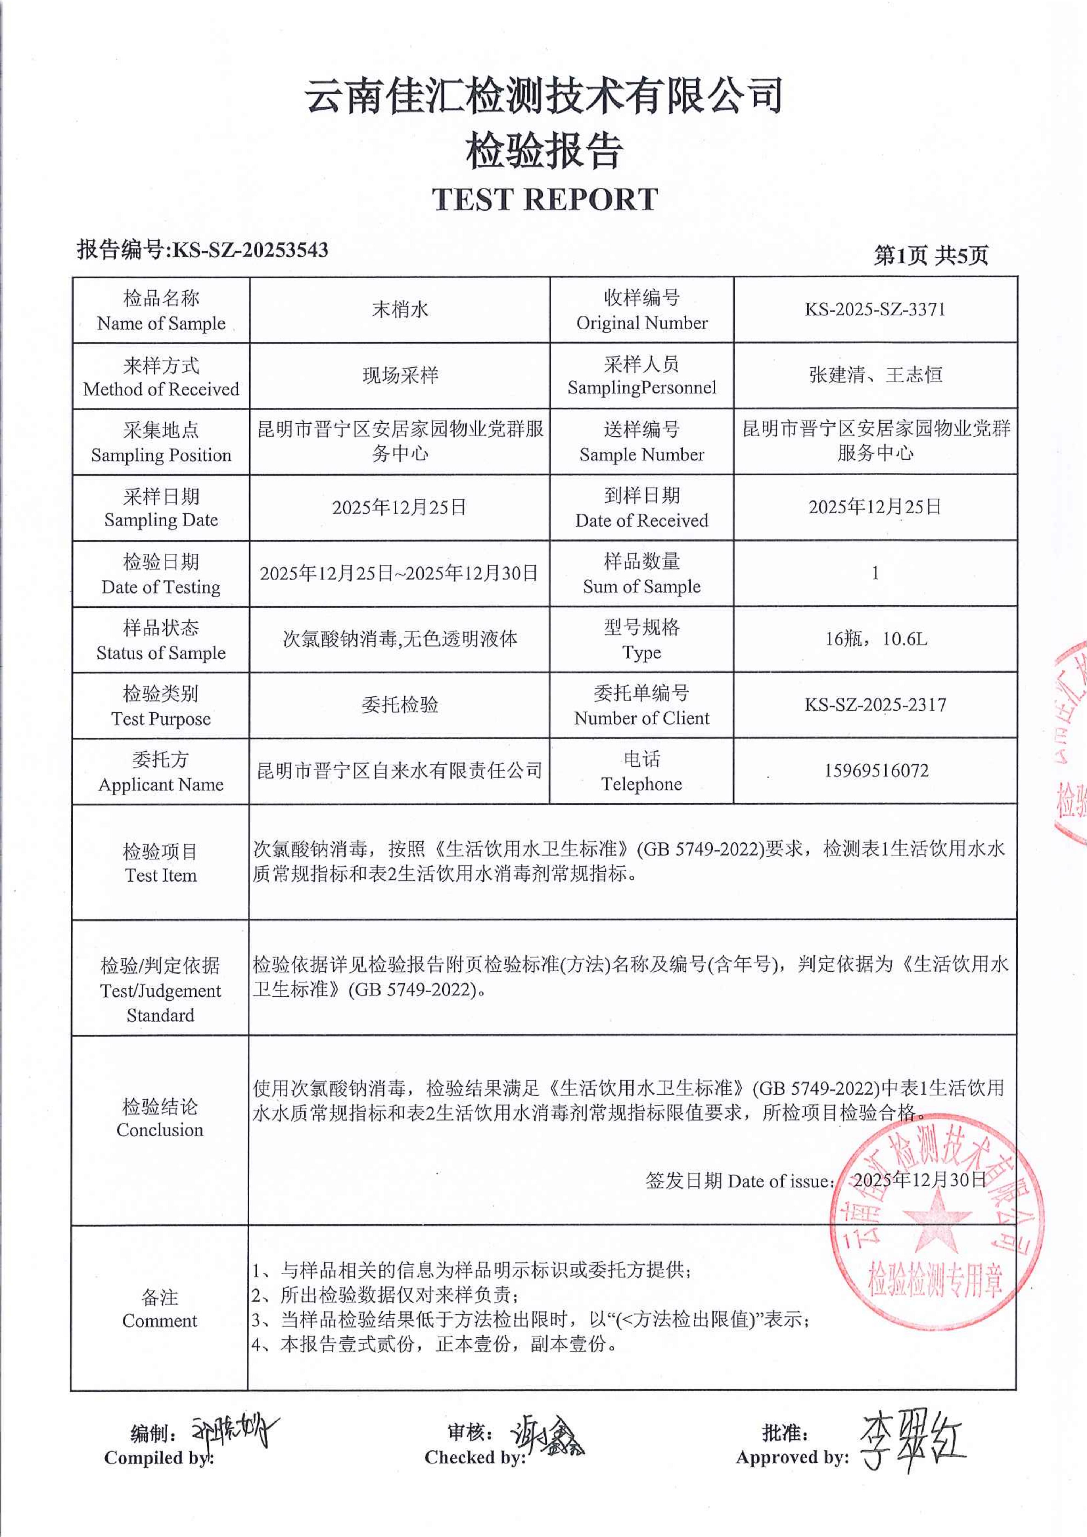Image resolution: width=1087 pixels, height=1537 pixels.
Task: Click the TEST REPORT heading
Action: click(544, 200)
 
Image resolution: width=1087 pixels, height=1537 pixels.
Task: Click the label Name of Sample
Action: click(161, 323)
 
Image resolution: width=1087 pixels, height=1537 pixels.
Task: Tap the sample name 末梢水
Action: click(399, 309)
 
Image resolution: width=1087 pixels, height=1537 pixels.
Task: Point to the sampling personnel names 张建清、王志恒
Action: click(876, 375)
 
